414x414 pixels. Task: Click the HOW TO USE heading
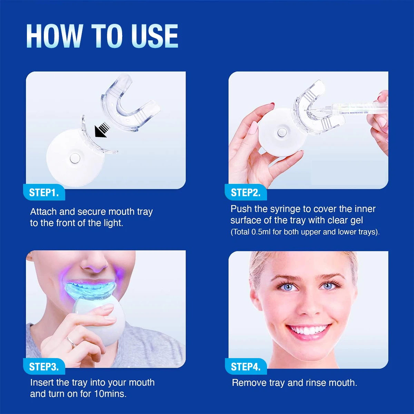102,36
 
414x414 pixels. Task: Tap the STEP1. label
44,193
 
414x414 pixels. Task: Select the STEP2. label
245,193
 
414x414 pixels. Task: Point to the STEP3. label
44,367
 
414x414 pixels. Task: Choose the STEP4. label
245,367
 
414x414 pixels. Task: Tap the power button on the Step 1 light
75,158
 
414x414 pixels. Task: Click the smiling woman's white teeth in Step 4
308,330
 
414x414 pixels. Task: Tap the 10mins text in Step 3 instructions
110,394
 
